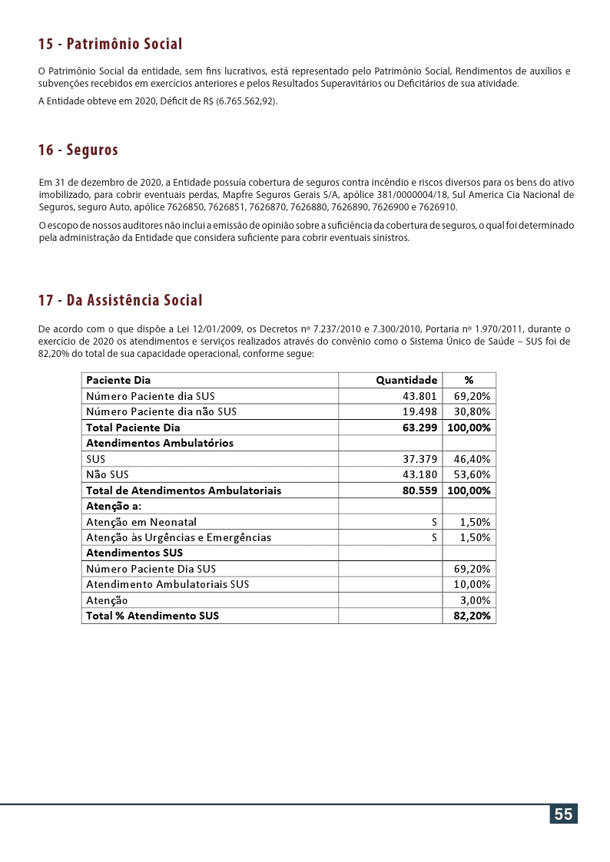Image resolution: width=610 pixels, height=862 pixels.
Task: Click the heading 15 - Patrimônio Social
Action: coord(110,44)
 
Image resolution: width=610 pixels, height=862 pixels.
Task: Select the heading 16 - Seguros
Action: coord(78,150)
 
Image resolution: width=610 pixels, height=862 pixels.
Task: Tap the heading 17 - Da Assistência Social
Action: coord(121,300)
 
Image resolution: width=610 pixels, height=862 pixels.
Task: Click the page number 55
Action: coord(563,814)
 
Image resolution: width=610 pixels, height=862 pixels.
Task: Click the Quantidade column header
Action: coord(406,380)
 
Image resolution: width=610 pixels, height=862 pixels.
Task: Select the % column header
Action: coord(469,380)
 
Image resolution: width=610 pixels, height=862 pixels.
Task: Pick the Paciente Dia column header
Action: coord(118,380)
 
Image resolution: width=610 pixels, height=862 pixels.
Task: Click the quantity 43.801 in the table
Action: coord(419,396)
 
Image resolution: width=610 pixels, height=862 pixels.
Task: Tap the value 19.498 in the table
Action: coord(419,411)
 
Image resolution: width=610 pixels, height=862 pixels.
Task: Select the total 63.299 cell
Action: coord(419,428)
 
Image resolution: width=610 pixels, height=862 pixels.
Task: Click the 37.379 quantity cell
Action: coord(419,459)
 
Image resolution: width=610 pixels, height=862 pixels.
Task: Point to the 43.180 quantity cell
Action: coord(419,474)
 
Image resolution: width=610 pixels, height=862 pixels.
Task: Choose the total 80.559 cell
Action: coord(419,490)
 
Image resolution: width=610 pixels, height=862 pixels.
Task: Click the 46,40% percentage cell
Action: coord(472,459)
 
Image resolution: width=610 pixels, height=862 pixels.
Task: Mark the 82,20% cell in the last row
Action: coord(472,616)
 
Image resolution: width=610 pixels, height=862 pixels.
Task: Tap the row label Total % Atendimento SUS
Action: coord(152,616)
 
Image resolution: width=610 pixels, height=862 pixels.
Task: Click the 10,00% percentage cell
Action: coord(472,584)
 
